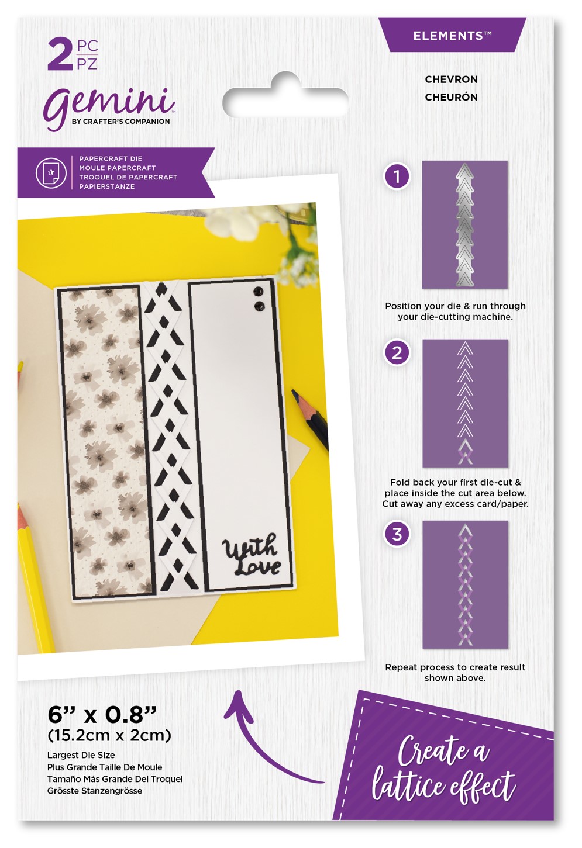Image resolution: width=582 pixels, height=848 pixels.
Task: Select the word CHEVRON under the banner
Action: point(452,79)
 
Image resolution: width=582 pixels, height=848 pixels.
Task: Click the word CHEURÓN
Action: point(452,97)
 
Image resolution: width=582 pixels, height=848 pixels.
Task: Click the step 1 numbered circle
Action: point(397,176)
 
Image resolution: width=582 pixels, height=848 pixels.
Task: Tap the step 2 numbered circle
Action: point(397,353)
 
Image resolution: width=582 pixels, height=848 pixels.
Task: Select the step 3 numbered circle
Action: point(397,534)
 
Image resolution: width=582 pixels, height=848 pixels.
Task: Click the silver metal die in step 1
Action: point(464,224)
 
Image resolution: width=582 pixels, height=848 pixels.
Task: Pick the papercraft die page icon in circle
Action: point(51,173)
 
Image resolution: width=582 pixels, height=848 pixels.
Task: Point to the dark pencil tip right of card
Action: point(295,394)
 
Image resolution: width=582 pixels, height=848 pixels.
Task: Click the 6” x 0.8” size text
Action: point(102,715)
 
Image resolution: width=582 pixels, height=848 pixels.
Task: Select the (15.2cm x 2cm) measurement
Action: point(109,736)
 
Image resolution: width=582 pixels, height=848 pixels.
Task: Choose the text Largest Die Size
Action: point(81,755)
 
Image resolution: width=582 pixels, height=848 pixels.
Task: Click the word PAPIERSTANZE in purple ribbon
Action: point(107,186)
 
